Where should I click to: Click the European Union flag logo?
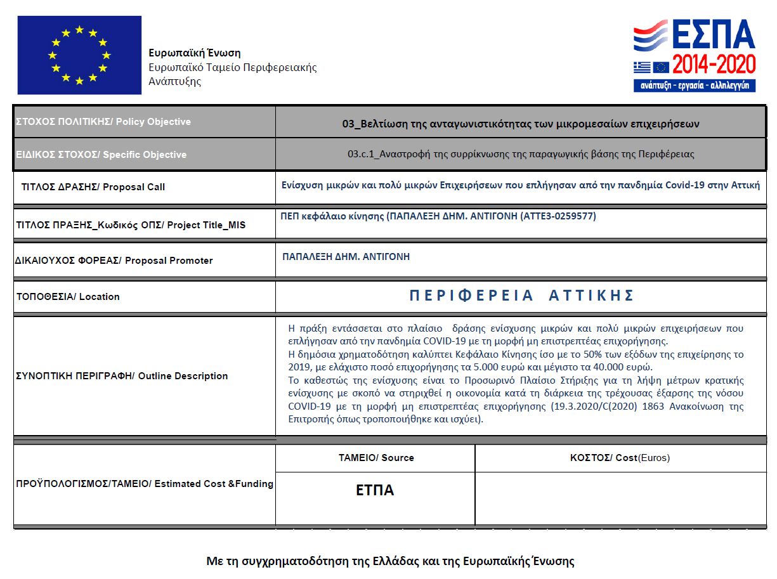pyautogui.click(x=79, y=55)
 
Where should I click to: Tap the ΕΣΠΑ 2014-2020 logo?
pyautogui.click(x=695, y=55)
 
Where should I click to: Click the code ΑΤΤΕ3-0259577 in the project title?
pyautogui.click(x=558, y=216)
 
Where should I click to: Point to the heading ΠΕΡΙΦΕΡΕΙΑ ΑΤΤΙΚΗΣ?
pyautogui.click(x=521, y=296)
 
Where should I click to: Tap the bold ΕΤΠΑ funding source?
pyautogui.click(x=375, y=490)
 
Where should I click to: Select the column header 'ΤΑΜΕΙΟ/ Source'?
pyautogui.click(x=376, y=458)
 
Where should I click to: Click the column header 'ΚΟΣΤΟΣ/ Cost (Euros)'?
pyautogui.click(x=620, y=458)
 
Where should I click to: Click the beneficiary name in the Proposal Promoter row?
pyautogui.click(x=346, y=257)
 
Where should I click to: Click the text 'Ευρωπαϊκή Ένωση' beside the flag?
pyautogui.click(x=194, y=53)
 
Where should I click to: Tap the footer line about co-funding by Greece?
pyautogui.click(x=390, y=561)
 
